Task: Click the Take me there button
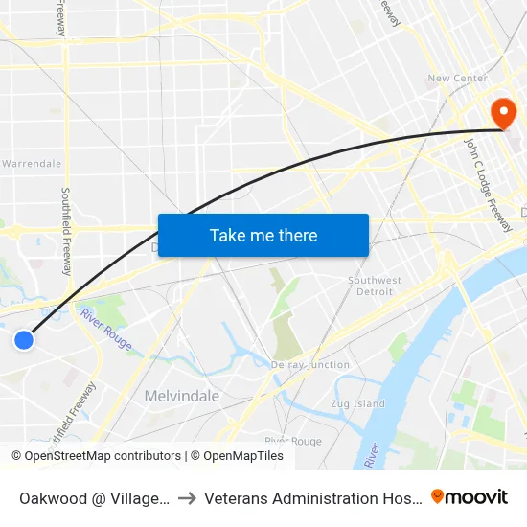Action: click(263, 236)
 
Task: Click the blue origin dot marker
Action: click(24, 339)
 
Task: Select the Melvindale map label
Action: click(182, 396)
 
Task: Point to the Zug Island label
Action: click(358, 404)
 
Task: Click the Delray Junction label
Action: click(309, 365)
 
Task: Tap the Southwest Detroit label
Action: click(370, 286)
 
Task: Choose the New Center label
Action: click(457, 79)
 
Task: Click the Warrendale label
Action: click(31, 164)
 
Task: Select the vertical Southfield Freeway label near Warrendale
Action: click(66, 230)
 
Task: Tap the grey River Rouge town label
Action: click(293, 441)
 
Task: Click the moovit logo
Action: click(470, 496)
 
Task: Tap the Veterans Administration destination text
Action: click(310, 498)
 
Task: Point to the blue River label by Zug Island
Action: click(372, 455)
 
